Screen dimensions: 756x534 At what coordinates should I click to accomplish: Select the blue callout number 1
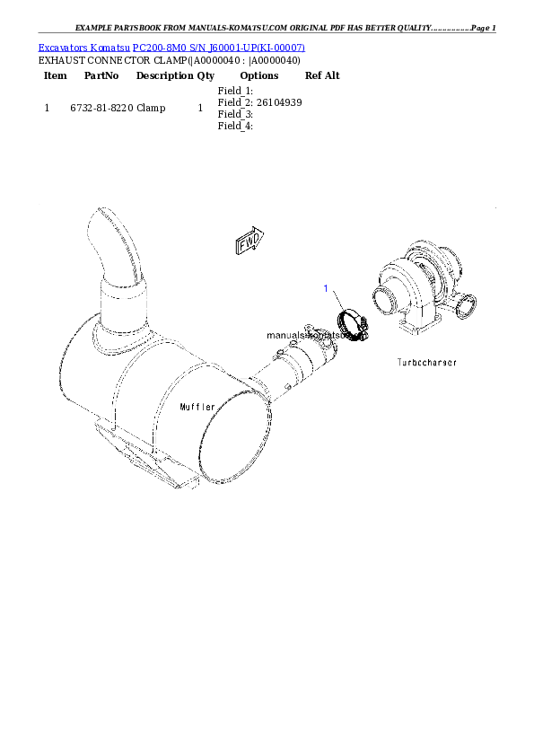[x=327, y=287]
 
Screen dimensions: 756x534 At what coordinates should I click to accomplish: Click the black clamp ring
[x=350, y=328]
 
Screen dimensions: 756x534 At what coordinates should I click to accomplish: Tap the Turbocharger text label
[x=426, y=363]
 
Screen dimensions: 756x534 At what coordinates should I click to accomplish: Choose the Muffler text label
[x=197, y=407]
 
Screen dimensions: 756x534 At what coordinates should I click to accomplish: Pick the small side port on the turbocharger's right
[x=465, y=311]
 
